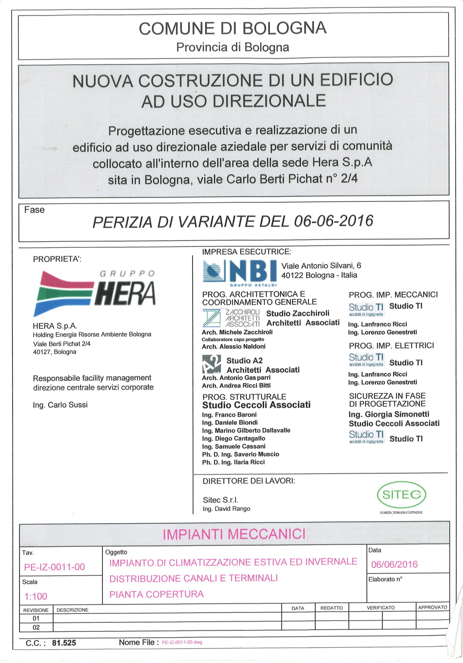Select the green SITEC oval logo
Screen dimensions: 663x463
[401, 495]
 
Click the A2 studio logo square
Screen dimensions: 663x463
[211, 364]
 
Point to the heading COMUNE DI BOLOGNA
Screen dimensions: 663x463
[233, 28]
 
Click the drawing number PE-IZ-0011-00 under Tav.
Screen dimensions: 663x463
[55, 567]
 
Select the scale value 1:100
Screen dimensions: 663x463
[36, 596]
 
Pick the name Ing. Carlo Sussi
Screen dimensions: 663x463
[60, 405]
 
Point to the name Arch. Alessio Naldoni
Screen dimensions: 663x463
[233, 347]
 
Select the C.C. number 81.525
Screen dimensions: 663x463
[64, 643]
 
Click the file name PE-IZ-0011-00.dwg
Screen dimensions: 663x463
[182, 643]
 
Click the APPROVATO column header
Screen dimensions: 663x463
[432, 607]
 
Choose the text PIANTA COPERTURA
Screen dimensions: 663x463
[156, 594]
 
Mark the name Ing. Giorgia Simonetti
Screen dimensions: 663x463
[389, 414]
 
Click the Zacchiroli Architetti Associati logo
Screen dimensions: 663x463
[231, 318]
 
